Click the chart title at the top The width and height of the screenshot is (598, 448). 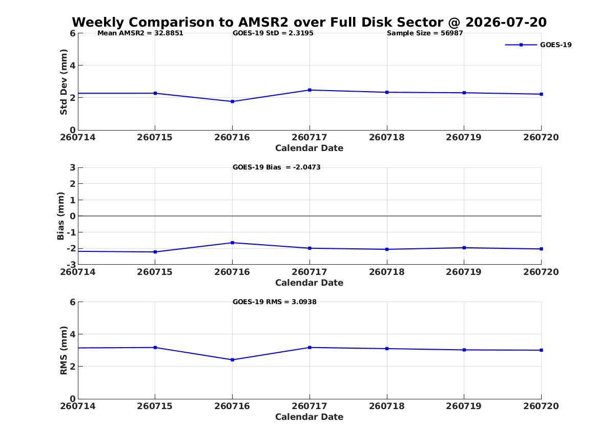310,22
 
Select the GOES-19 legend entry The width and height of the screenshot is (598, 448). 538,45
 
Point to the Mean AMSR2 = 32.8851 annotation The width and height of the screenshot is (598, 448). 140,33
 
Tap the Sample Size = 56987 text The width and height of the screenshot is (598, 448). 425,33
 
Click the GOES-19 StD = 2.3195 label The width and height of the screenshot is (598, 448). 273,33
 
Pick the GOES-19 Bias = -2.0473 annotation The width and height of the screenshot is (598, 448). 277,167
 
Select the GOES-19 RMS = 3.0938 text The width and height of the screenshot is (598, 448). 275,302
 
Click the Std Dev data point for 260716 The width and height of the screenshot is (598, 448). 232,102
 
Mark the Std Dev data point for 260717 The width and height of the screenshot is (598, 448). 310,90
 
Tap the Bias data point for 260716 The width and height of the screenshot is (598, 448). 232,243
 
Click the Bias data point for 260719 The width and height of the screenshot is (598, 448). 464,248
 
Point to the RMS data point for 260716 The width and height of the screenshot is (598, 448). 232,360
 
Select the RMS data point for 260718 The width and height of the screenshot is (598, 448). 387,349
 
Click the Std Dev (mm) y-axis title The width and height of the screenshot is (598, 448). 64,82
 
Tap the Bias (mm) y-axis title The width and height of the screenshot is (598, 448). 60,216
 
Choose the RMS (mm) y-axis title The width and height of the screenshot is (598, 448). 64,351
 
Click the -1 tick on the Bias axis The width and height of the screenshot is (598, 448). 72,232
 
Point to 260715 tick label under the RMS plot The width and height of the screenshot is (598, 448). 155,406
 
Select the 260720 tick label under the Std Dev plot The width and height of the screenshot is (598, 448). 541,138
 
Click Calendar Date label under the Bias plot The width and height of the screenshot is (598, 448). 310,283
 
